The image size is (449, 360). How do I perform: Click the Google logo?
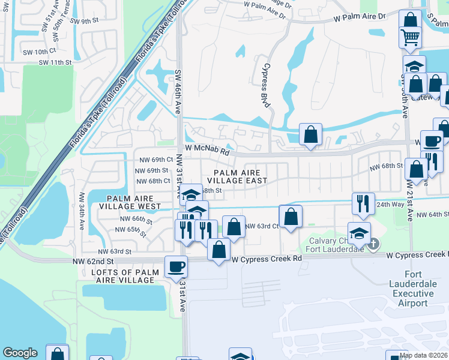pyautogui.click(x=20, y=353)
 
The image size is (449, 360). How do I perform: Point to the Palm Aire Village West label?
pyautogui.click(x=134, y=202)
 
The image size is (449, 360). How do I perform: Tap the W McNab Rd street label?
pyautogui.click(x=207, y=152)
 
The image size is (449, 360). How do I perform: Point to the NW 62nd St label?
pyautogui.click(x=92, y=262)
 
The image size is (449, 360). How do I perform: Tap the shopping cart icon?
pyautogui.click(x=411, y=38)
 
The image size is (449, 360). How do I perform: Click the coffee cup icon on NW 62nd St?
pyautogui.click(x=176, y=266)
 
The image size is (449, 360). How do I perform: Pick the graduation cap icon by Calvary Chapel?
pyautogui.click(x=359, y=233)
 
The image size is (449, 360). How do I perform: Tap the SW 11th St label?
pyautogui.click(x=55, y=62)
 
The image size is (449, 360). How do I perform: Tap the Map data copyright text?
pyautogui.click(x=424, y=355)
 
